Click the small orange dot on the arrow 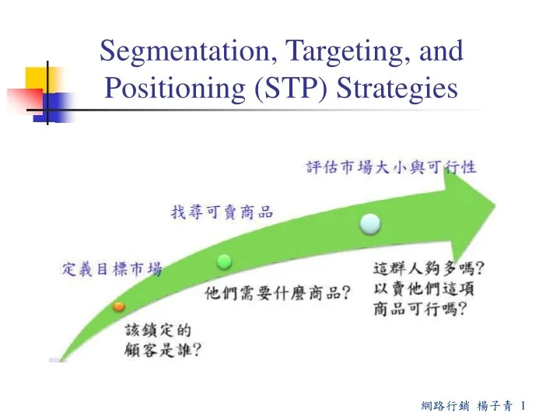118,306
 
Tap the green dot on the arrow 224,260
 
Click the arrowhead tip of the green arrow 494,206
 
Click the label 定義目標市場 112,269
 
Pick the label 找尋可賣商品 222,212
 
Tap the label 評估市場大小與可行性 390,166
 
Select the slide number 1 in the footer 526,405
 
